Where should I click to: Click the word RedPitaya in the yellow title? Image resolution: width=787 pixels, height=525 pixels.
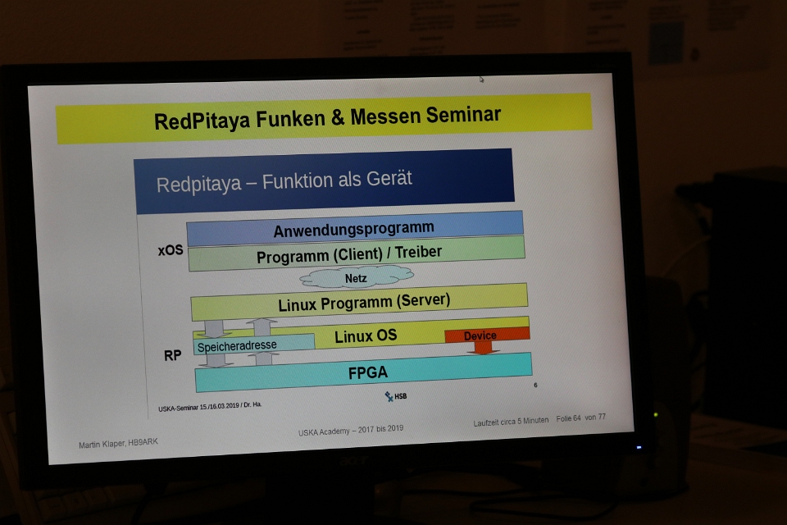click(202, 121)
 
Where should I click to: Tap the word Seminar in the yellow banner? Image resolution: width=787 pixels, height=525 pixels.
click(463, 115)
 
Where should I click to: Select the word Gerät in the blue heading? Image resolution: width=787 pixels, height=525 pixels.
click(389, 178)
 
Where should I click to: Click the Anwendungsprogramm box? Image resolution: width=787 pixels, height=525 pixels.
click(354, 229)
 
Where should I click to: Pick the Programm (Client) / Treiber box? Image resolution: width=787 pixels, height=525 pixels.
click(357, 253)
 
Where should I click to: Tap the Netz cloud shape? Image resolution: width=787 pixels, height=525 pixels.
click(357, 276)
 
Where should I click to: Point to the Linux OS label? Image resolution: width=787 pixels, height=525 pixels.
click(366, 336)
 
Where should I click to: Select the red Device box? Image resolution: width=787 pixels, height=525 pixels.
click(487, 335)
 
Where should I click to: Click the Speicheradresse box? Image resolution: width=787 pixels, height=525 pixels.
click(254, 345)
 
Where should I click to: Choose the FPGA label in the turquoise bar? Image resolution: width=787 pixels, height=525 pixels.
click(368, 372)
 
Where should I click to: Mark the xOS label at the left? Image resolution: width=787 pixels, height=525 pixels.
click(171, 249)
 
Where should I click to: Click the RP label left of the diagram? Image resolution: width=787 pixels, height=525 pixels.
click(173, 356)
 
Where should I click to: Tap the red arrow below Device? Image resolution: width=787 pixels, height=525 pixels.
click(483, 348)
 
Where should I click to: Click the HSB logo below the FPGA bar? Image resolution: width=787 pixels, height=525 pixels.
click(396, 396)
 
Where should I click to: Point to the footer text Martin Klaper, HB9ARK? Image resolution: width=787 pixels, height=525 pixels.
click(118, 443)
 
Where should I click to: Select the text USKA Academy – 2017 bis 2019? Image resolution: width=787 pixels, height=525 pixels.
click(351, 430)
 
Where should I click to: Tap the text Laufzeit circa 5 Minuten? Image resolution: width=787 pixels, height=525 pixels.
click(511, 422)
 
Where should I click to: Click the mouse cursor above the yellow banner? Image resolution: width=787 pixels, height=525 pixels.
click(481, 79)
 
